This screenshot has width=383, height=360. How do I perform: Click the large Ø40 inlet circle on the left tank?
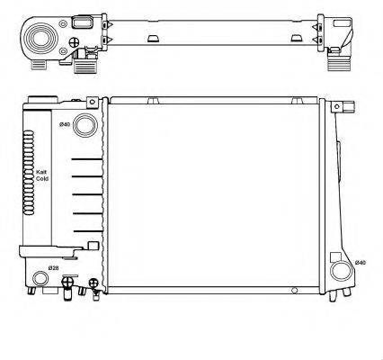point(85,126)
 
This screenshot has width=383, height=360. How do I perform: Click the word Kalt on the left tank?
point(41,172)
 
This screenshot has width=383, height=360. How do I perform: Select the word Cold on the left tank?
point(41,179)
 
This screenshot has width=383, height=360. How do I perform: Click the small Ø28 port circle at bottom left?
point(39,278)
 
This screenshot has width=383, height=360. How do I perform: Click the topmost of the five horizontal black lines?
point(88,159)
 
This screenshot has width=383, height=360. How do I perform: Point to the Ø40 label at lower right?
point(361,262)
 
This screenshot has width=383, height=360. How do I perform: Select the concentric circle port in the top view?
point(40,39)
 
